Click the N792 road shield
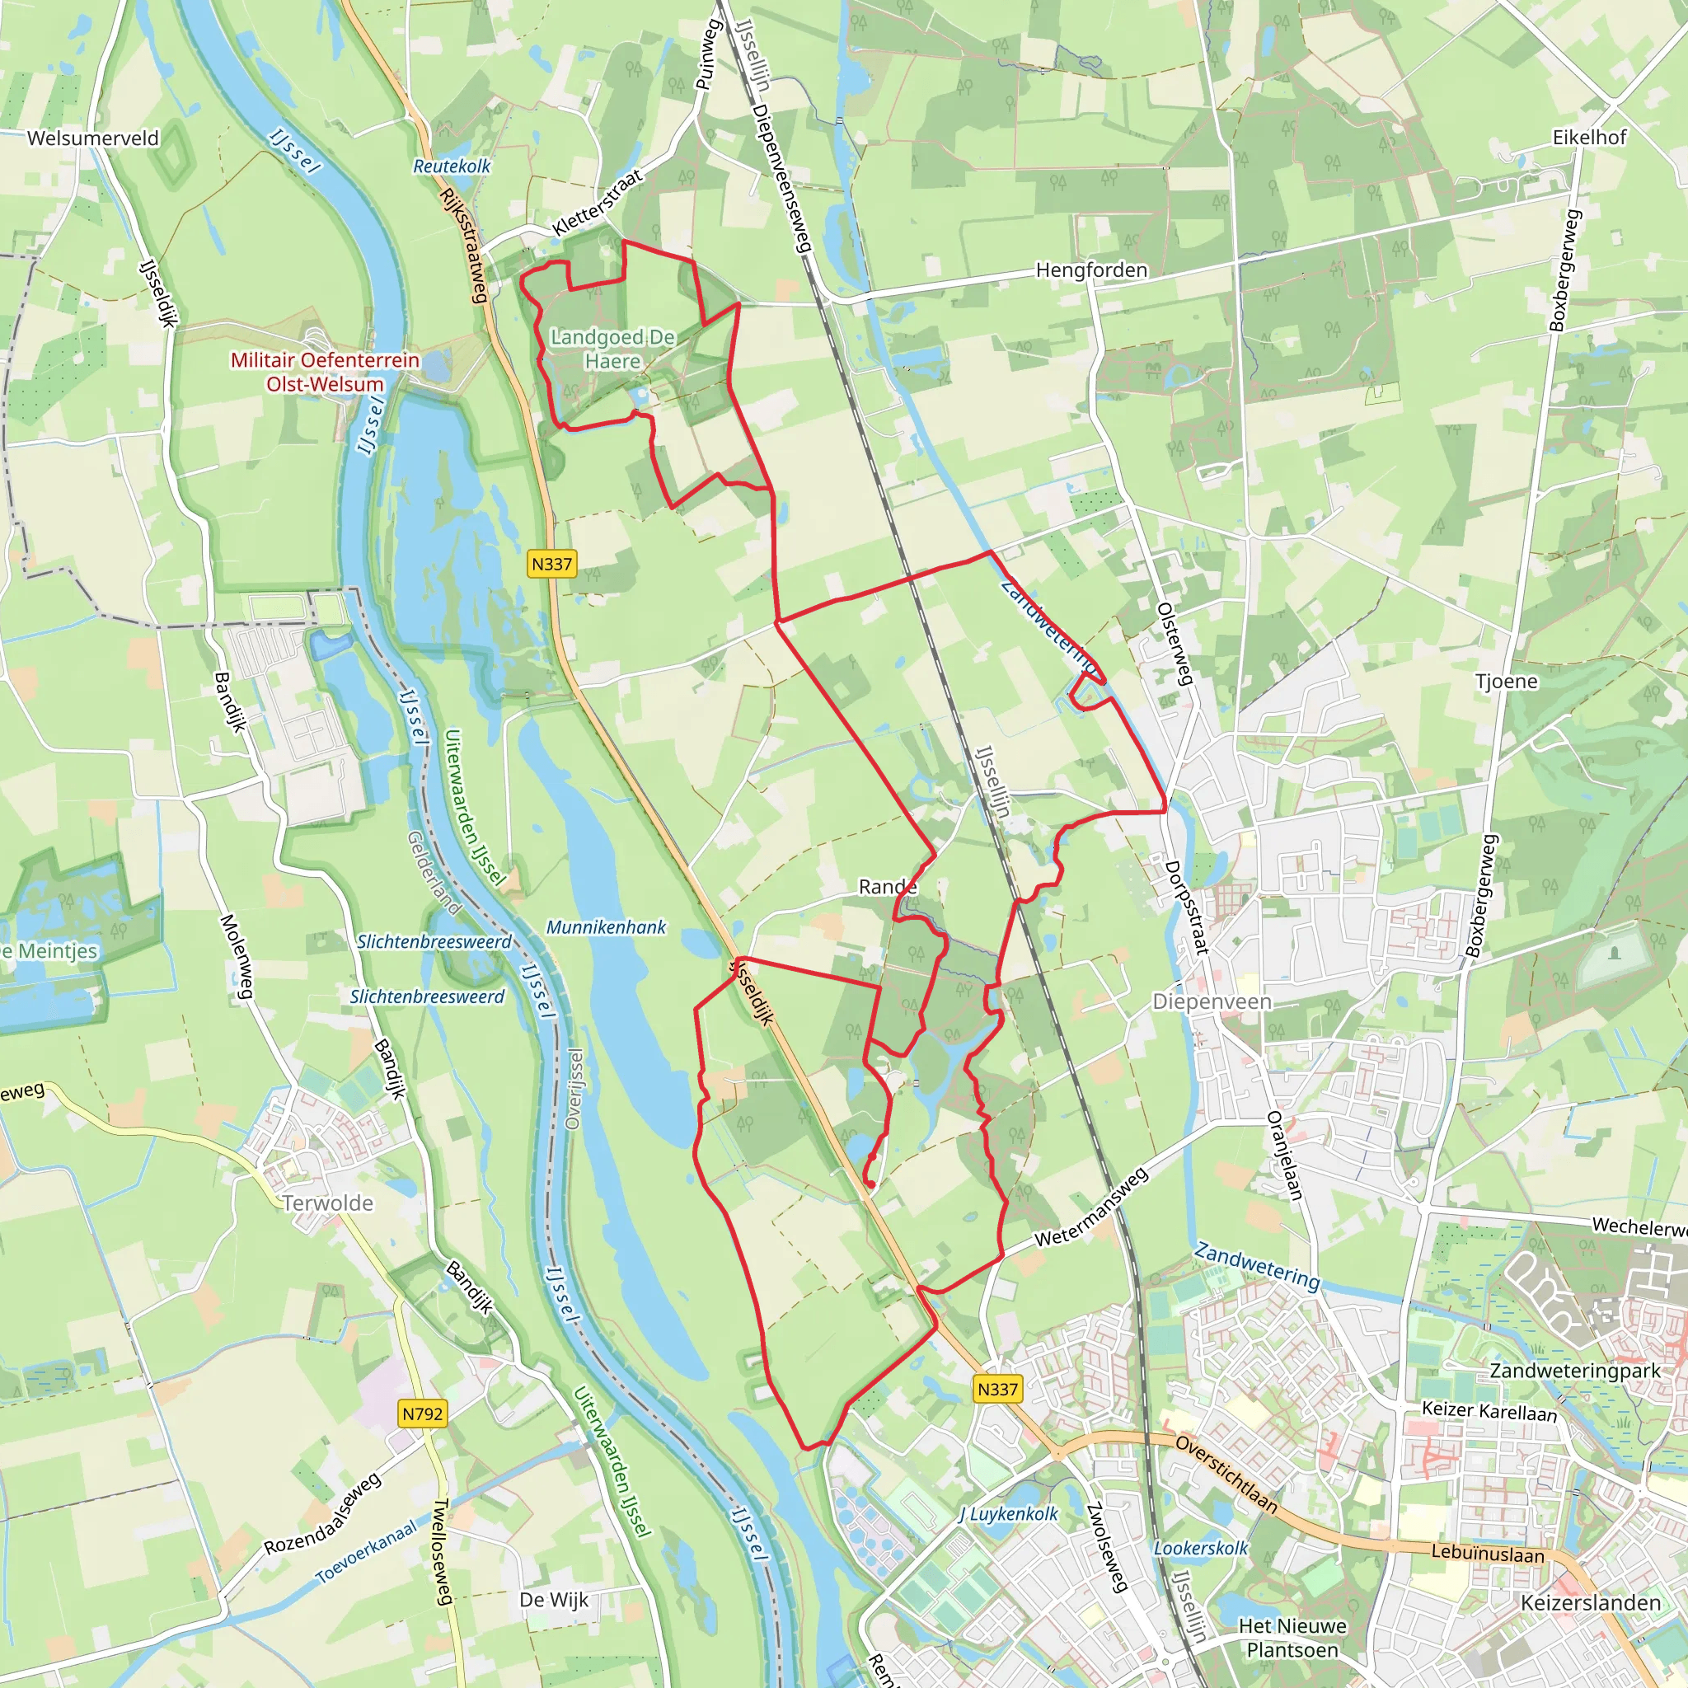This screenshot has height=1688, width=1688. pos(423,1413)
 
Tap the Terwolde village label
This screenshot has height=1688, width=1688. pos(328,1203)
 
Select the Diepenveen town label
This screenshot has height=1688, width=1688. pos(1212,1001)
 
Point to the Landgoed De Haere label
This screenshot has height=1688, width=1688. pos(612,349)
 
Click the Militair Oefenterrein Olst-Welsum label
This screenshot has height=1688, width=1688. pos(325,373)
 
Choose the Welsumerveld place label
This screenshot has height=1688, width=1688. pos(92,138)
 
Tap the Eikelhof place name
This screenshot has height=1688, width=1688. pos(1589,137)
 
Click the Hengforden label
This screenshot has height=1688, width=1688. pos(1091,270)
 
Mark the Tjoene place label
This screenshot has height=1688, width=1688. pos(1507,681)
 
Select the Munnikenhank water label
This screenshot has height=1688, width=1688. pos(606,927)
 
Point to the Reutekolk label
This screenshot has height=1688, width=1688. pos(452,166)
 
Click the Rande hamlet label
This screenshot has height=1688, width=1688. pos(888,887)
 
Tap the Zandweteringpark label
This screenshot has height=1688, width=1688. pos(1574,1371)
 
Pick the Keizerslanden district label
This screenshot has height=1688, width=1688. pos(1591,1602)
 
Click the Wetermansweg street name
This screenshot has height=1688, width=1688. pos(1091,1208)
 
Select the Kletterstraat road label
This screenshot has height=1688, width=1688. pos(598,202)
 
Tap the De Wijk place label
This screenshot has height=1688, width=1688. pos(554,1600)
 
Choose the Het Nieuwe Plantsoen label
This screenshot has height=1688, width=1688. pos(1292,1638)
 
